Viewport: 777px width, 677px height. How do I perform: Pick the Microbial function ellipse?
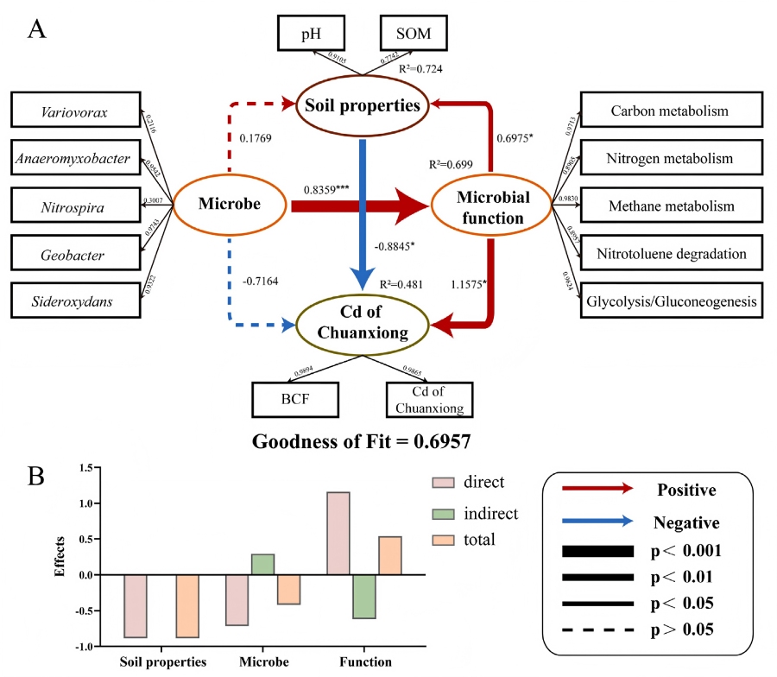(491, 206)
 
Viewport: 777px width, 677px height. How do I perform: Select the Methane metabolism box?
(672, 206)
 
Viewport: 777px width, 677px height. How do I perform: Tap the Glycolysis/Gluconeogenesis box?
(672, 301)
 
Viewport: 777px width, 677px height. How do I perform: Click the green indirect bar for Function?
(363, 597)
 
